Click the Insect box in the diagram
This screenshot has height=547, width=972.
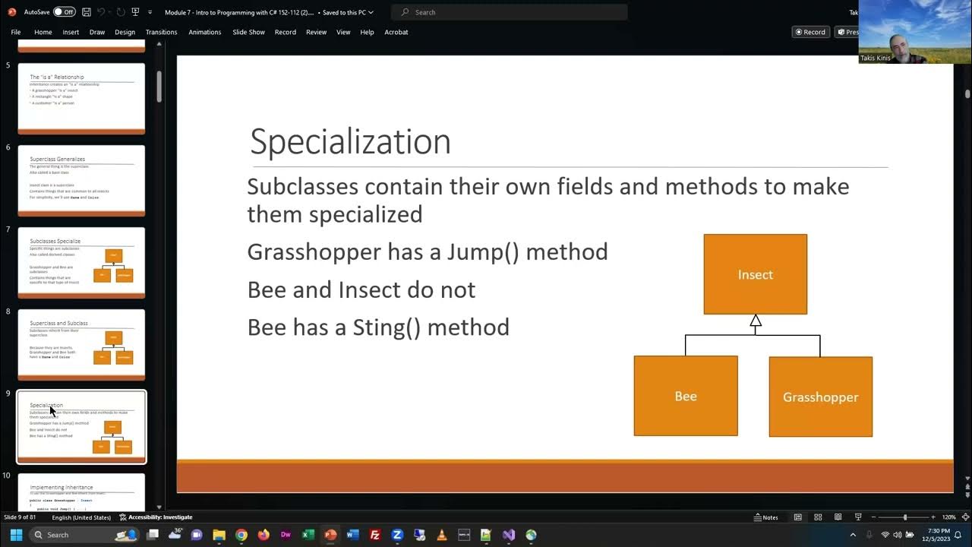(x=755, y=274)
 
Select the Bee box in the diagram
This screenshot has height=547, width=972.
(x=685, y=396)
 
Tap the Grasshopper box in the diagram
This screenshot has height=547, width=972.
(x=820, y=397)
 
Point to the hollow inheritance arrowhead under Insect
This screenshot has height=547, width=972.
(x=756, y=321)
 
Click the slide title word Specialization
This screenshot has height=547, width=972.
(x=350, y=142)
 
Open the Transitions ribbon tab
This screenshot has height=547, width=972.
(x=161, y=32)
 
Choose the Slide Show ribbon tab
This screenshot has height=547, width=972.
(x=248, y=32)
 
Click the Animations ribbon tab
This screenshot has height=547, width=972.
(x=204, y=32)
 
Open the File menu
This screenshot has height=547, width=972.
(x=15, y=32)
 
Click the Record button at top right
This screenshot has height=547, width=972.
(x=809, y=32)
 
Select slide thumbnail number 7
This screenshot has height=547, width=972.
(x=81, y=262)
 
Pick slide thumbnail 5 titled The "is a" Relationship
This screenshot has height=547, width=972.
(x=81, y=98)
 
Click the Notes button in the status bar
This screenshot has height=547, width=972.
(x=765, y=517)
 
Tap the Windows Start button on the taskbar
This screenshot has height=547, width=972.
(x=16, y=535)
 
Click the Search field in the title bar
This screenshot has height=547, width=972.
(x=509, y=12)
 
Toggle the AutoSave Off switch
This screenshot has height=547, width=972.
(x=64, y=12)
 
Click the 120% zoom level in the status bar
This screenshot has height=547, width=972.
(x=948, y=517)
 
